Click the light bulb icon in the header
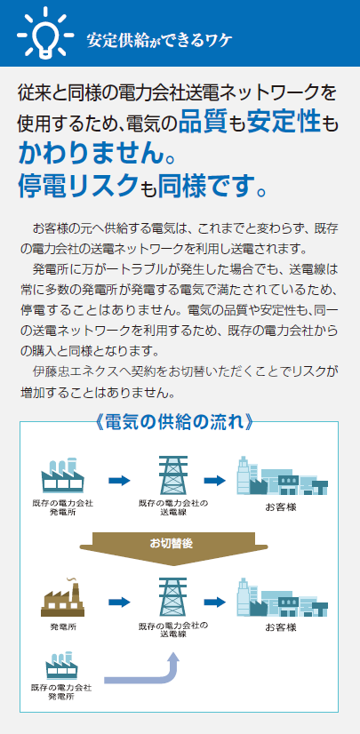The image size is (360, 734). pyautogui.click(x=45, y=33)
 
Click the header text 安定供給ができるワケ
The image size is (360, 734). pyautogui.click(x=159, y=41)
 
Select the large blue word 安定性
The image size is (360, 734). pyautogui.click(x=284, y=121)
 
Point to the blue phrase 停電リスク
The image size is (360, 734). pyautogui.click(x=79, y=186)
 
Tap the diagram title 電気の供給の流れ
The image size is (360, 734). pyautogui.click(x=174, y=422)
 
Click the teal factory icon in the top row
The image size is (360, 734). pyautogui.click(x=62, y=475)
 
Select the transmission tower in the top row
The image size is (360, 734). pyautogui.click(x=173, y=475)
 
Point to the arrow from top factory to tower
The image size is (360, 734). pyautogui.click(x=119, y=480)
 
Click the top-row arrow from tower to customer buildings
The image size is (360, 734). pyautogui.click(x=215, y=480)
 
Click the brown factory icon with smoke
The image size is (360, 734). pyautogui.click(x=63, y=597)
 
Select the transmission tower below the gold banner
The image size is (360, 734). pyautogui.click(x=173, y=597)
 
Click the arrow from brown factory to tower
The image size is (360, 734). pyautogui.click(x=119, y=602)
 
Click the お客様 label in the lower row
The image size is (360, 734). pyautogui.click(x=281, y=627)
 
